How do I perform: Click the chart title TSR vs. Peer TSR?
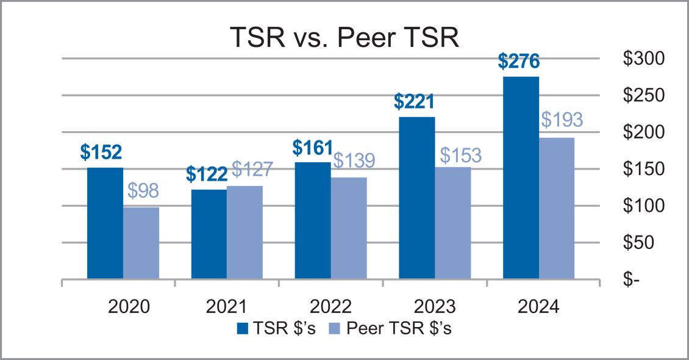coord(344,37)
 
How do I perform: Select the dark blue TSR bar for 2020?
coord(105,223)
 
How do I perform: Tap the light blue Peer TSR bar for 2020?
coord(141,243)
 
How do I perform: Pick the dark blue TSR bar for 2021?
coord(209,234)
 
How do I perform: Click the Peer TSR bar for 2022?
coord(349,228)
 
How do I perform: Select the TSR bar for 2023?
coord(417,198)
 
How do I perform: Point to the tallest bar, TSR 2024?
coord(521,178)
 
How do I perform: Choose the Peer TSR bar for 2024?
coord(557,208)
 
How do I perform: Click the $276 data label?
coord(518,62)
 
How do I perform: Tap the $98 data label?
coord(143,191)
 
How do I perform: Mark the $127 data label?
coord(252,169)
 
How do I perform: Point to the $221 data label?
coord(414,101)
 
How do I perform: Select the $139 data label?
coord(354,160)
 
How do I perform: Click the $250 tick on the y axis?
coord(644,95)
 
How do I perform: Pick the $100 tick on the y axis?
coord(644,206)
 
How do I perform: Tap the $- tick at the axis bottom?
coord(632,279)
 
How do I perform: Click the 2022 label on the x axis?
coord(331,306)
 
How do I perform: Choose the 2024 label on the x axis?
coord(539,306)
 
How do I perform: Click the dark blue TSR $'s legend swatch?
coord(243,328)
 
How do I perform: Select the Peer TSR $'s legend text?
coord(399,328)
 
